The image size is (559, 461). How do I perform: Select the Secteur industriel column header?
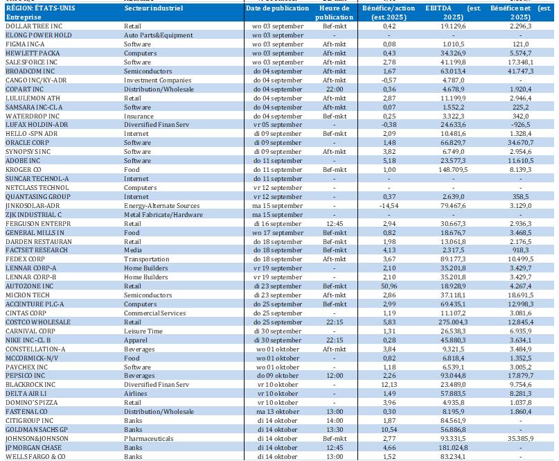point(154,9)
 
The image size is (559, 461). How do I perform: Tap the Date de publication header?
point(277,9)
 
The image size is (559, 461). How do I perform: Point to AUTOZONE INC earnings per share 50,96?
point(399,286)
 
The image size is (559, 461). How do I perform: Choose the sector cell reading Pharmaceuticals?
point(149,438)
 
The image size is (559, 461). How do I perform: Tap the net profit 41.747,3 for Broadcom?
point(525,71)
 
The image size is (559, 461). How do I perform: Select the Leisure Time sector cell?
point(143,331)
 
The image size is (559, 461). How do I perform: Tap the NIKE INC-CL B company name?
point(33,340)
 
